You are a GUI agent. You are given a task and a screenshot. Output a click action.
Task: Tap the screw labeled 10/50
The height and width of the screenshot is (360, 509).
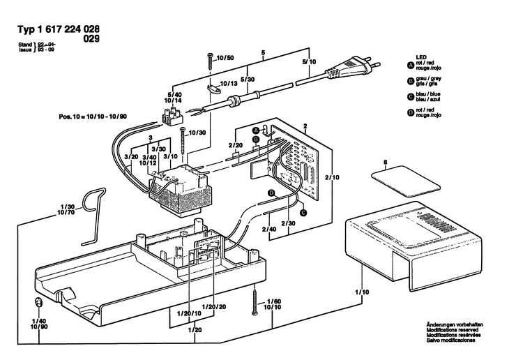coord(211,61)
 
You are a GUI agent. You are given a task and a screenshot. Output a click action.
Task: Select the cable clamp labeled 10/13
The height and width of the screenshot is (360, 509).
coord(213,89)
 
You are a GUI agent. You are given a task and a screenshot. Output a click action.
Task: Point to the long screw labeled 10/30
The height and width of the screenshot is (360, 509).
coord(183,140)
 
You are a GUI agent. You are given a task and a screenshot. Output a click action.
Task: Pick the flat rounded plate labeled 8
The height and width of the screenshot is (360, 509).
coord(406,181)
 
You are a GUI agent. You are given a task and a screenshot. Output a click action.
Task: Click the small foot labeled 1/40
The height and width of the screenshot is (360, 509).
coord(38,303)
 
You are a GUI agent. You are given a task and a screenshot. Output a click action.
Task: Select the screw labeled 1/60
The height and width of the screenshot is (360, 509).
coord(255,300)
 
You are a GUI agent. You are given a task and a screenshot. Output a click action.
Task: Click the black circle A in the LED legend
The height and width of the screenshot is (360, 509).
coord(410,66)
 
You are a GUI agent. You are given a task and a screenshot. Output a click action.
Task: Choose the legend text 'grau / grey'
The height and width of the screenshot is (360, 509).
coord(429,78)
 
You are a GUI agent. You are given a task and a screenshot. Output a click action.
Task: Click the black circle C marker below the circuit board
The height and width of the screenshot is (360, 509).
coord(303,213)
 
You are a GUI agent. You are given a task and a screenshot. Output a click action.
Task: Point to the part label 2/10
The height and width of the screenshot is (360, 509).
coord(332,177)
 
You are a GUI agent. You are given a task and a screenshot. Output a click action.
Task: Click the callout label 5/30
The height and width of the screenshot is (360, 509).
coord(248,80)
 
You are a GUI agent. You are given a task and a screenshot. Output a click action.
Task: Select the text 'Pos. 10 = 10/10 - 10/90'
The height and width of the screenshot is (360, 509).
coord(93,117)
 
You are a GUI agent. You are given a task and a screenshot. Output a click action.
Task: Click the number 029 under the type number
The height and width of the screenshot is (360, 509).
coord(91,39)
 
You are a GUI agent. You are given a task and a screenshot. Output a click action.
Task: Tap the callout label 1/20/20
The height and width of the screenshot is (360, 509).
coord(213,307)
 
